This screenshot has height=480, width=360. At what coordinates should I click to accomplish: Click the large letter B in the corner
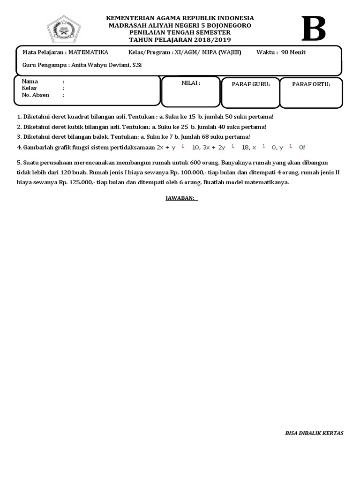pos(314,29)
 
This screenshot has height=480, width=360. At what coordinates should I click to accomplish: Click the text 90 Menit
pos(293,52)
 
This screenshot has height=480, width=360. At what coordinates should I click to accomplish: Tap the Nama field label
pos(30,82)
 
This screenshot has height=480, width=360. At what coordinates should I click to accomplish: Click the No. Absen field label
pos(36,95)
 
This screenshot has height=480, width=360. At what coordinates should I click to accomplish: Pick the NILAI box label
pos(191,83)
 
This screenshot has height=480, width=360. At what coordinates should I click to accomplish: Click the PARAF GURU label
pos(251,84)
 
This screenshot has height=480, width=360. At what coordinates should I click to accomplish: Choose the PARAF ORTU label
pos(311,84)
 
